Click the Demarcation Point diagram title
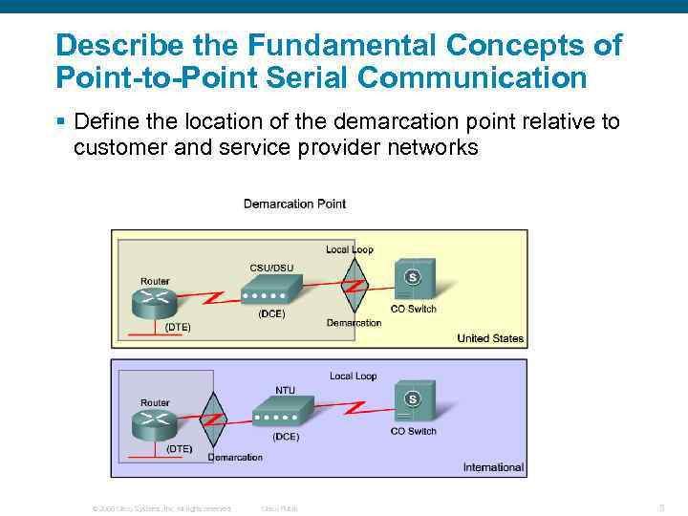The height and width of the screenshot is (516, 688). [x=294, y=204]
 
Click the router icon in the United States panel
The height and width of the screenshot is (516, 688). [x=155, y=303]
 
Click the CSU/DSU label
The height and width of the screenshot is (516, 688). [x=271, y=268]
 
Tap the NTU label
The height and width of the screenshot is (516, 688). [x=285, y=390]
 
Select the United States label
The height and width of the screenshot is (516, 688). [x=490, y=338]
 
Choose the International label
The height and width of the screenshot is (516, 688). [x=493, y=467]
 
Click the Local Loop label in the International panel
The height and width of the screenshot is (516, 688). [x=354, y=376]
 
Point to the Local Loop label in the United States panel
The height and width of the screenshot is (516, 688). [x=350, y=249]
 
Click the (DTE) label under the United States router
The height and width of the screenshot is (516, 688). [x=178, y=327]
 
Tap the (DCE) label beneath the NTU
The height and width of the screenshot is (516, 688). [x=286, y=437]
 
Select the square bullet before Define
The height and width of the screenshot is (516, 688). [x=60, y=122]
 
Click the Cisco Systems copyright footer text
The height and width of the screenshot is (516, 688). [x=161, y=508]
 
